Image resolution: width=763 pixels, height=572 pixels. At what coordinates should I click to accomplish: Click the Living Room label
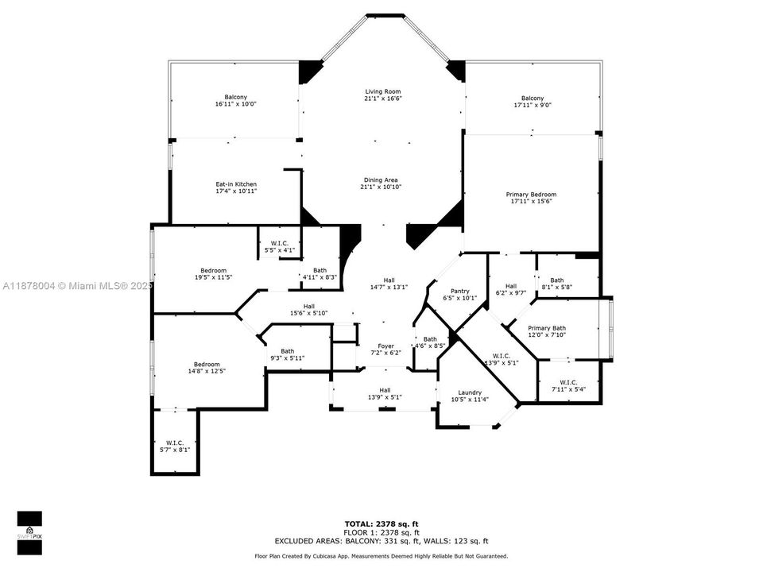tap(382, 92)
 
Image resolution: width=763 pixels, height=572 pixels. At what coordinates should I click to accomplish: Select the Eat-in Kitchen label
tap(236, 184)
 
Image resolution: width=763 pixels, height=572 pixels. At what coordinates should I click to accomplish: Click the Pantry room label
tap(459, 291)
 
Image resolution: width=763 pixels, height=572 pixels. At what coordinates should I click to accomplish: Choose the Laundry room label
tap(470, 392)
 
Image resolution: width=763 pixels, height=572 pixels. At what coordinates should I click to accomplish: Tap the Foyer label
tap(385, 346)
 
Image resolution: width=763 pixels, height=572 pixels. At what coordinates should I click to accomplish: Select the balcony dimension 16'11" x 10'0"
tap(235, 104)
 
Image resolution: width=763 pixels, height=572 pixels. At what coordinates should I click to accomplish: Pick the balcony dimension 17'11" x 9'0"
tap(533, 105)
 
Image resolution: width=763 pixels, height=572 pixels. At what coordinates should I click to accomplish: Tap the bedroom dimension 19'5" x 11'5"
tap(213, 278)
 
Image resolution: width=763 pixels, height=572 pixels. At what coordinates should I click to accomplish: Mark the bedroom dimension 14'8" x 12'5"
tap(207, 371)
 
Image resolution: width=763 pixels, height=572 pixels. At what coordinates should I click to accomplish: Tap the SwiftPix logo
tap(29, 528)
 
